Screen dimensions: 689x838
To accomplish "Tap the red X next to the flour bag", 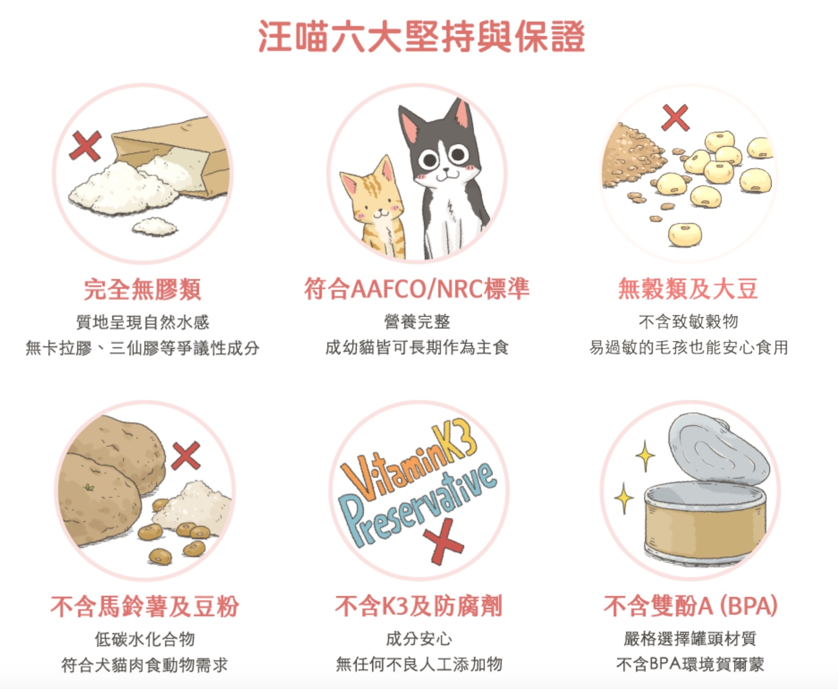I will coord(85,146).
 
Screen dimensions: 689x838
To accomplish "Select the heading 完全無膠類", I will coord(143,289).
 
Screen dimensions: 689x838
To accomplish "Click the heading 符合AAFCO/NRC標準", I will coord(417,288).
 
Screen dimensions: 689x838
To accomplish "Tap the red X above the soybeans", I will coord(675,118).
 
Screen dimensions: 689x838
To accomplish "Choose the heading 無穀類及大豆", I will coord(688,288).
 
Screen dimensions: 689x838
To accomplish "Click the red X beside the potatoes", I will coord(186,456).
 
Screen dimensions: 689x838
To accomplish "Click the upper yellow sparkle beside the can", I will coord(645,456).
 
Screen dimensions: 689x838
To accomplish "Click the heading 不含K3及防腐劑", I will coord(419,606).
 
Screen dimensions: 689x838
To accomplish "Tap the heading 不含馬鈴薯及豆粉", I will coord(144,606).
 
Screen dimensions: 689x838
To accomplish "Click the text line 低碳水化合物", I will coord(144,639).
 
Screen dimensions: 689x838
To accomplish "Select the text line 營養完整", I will coord(417,322).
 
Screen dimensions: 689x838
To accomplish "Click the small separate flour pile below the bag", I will coord(155,226).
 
